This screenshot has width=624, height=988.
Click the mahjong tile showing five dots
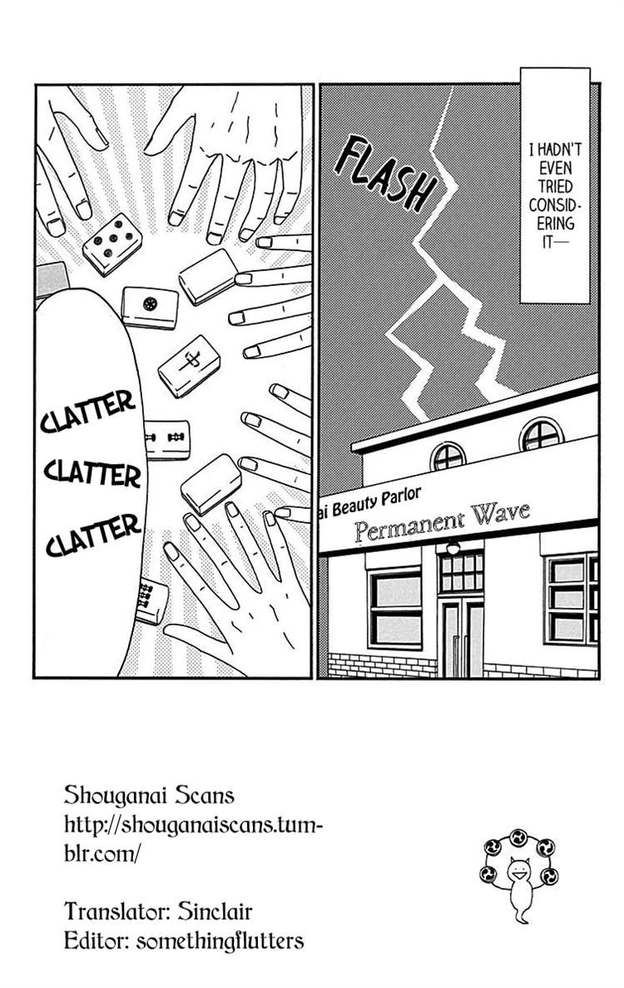tap(112, 244)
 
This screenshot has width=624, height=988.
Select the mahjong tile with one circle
tap(150, 307)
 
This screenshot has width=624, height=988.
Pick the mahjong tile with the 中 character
tap(190, 366)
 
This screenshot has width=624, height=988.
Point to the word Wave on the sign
tap(498, 515)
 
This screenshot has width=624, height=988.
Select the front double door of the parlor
tap(462, 636)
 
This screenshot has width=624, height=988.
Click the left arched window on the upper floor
tap(448, 456)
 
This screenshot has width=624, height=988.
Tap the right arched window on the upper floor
tap(541, 434)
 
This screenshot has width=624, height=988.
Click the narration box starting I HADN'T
tap(555, 185)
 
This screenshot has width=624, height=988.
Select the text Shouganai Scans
tap(149, 795)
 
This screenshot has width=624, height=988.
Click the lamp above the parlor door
tap(453, 548)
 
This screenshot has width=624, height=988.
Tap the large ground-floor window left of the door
tap(394, 607)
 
